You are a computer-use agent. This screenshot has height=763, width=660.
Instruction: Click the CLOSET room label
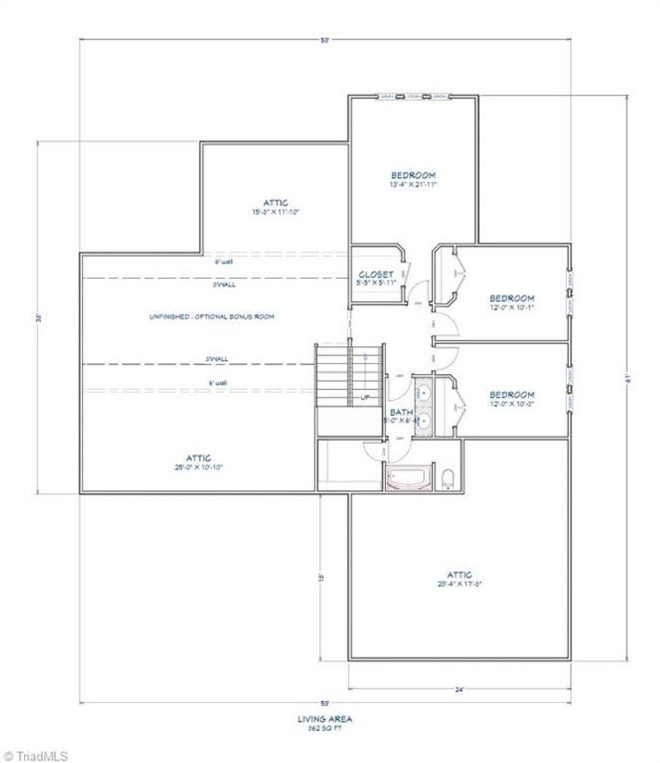tap(376, 275)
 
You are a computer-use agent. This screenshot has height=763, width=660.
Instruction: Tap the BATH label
tap(401, 412)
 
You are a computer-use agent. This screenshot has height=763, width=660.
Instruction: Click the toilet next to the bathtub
tap(449, 478)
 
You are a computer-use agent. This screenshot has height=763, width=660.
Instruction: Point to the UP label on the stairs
tap(365, 398)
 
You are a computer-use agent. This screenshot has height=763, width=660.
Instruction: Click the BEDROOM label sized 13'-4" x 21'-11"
tap(413, 175)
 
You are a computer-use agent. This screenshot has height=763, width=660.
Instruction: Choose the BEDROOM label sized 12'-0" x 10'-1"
tap(512, 298)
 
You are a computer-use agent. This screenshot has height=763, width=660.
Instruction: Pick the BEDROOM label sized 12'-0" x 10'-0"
tap(512, 395)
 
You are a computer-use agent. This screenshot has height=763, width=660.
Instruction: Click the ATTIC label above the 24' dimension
tap(460, 575)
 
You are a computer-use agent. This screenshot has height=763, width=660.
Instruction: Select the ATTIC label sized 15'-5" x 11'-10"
tap(276, 203)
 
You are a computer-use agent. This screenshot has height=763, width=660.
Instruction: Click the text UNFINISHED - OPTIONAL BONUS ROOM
tap(211, 317)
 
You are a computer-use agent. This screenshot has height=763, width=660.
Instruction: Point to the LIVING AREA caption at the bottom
tap(325, 719)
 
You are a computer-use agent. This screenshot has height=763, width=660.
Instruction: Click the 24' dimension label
tap(460, 690)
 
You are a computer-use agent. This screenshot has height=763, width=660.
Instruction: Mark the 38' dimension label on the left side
tap(38, 318)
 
